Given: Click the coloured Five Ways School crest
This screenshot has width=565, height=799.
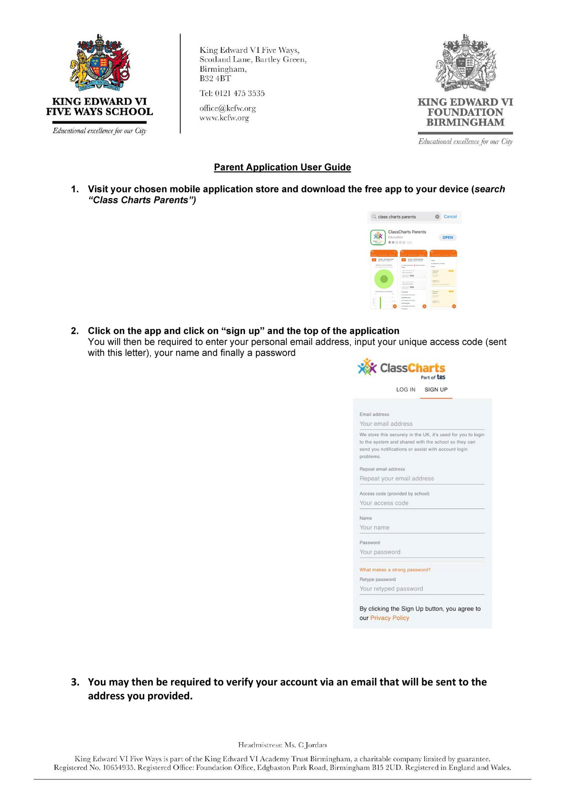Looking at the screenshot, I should click(x=100, y=63).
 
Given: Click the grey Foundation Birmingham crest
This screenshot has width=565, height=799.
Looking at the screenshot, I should click(x=465, y=63).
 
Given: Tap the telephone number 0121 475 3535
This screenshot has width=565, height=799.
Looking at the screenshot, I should click(x=239, y=93).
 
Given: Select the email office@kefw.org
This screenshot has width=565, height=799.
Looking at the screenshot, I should click(x=227, y=108).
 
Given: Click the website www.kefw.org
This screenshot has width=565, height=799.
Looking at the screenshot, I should click(x=224, y=118).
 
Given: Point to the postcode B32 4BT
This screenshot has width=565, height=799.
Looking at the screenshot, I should click(x=215, y=79).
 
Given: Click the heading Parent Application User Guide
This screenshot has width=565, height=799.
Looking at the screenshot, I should click(x=282, y=167).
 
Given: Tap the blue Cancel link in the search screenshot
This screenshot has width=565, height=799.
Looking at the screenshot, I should click(x=450, y=217).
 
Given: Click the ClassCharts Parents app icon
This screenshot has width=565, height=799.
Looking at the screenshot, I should click(x=378, y=237).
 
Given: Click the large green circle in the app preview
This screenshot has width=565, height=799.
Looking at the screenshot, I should click(x=384, y=279).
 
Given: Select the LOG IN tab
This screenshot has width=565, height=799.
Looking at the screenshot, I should click(x=405, y=390).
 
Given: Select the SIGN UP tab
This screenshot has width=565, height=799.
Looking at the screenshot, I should click(x=436, y=390).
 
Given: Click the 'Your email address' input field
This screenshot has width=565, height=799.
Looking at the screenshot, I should click(x=421, y=424).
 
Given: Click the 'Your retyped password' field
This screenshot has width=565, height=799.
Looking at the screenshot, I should click(x=421, y=589).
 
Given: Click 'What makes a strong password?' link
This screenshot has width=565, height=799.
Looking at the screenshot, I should click(x=395, y=570).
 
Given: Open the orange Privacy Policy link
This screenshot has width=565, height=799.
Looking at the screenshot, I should click(x=389, y=618).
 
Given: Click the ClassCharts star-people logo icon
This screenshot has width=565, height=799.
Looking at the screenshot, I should click(x=367, y=367).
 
